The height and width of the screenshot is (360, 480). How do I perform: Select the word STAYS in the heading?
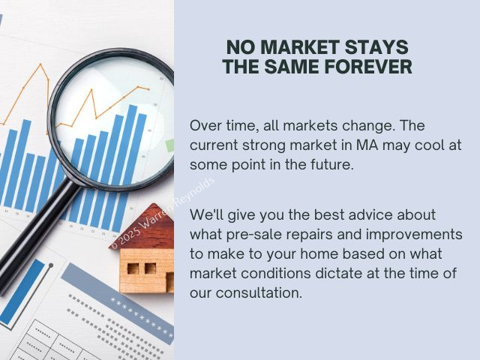[376, 47]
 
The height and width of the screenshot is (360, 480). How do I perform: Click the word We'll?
[206, 214]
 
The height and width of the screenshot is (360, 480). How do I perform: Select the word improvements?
[414, 235]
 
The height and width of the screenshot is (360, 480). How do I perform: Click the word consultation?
[259, 292]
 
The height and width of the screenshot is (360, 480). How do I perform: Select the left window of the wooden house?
[133, 268]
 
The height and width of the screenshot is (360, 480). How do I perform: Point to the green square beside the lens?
[169, 145]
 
